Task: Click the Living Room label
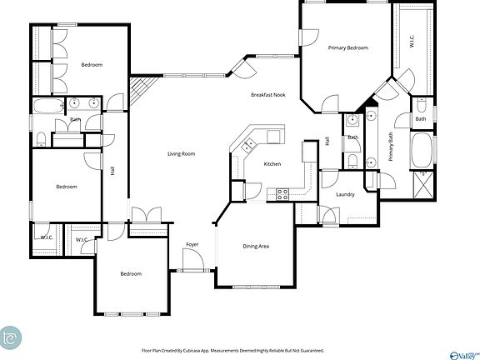click(181, 153)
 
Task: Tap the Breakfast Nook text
click(268, 95)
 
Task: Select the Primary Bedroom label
click(347, 48)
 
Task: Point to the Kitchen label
click(272, 164)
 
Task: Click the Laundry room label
click(345, 195)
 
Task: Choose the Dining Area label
click(256, 246)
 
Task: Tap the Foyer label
click(192, 244)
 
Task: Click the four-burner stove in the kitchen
click(282, 194)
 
